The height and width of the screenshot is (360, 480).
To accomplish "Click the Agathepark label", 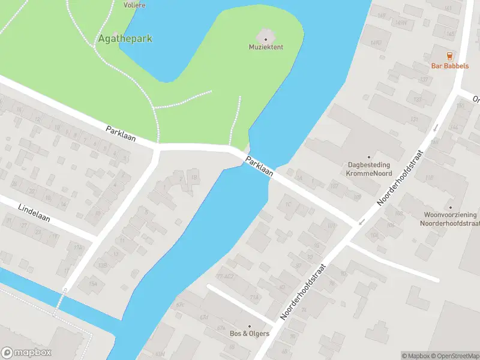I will point(125,39).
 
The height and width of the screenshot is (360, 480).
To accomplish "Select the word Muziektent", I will point(266,47).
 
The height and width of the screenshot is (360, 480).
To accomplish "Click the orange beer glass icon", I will point(449,56).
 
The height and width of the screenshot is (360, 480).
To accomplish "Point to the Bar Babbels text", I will point(449,66).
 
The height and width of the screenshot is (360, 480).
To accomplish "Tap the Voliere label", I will point(134,5).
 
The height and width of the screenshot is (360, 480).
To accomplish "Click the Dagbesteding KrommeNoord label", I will point(368,169).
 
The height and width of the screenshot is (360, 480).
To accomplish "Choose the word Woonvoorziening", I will point(450,215).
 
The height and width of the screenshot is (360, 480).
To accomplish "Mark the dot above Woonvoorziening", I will point(450,208).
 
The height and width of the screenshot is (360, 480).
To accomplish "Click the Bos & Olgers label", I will point(250,334).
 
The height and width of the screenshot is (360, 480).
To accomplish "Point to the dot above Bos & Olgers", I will point(250,326).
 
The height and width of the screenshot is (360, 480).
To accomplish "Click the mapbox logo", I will point(26,353).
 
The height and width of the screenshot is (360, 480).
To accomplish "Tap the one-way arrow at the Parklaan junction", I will point(361,222).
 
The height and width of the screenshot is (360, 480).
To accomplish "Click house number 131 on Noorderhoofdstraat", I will point(413,119).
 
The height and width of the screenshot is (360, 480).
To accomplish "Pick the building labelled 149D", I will point(376,43).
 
